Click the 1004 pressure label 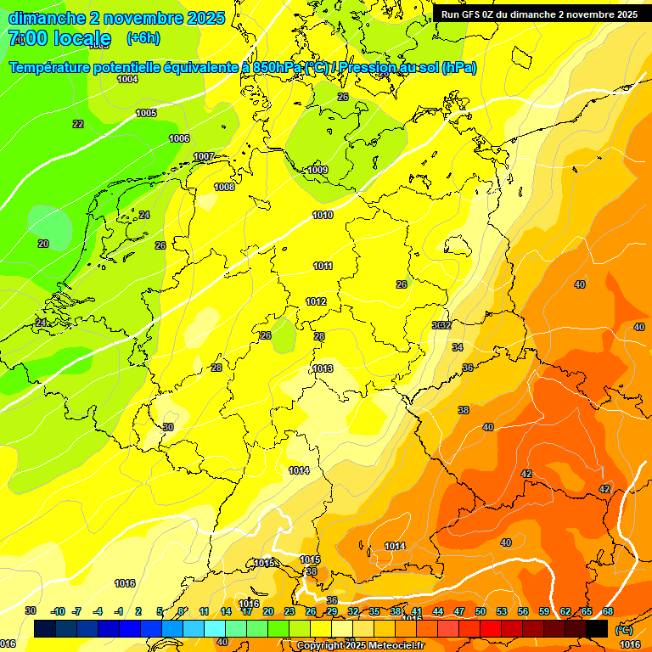[127, 79]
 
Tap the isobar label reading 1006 [179, 138]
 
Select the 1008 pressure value [224, 187]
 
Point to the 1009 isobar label [318, 171]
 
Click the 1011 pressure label [323, 266]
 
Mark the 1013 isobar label [323, 368]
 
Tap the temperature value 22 [78, 124]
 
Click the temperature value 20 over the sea [43, 244]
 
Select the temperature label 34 [458, 347]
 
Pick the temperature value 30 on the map [168, 427]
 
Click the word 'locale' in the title [81, 38]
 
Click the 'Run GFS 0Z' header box [539, 14]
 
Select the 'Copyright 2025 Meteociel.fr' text [361, 646]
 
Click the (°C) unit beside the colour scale [622, 629]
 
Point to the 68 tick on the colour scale [608, 611]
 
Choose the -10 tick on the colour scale [58, 611]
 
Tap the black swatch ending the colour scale [597, 628]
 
